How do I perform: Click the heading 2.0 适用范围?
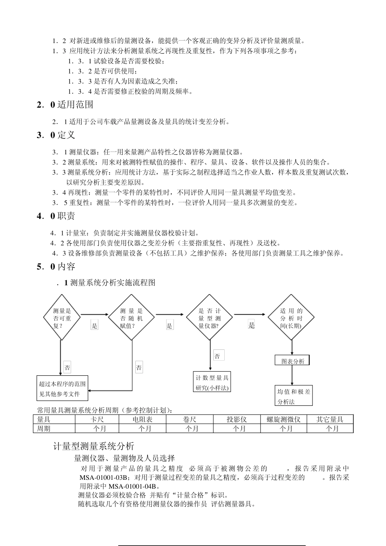pos(65,105)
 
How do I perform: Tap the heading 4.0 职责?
pos(56,216)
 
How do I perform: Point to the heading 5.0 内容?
pos(56,267)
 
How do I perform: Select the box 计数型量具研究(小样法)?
pos(212,382)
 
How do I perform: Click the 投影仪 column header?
pos(237,419)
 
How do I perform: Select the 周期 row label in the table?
pos(44,429)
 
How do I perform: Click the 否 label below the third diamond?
pos(217,356)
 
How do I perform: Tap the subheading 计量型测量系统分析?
pos(94,446)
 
